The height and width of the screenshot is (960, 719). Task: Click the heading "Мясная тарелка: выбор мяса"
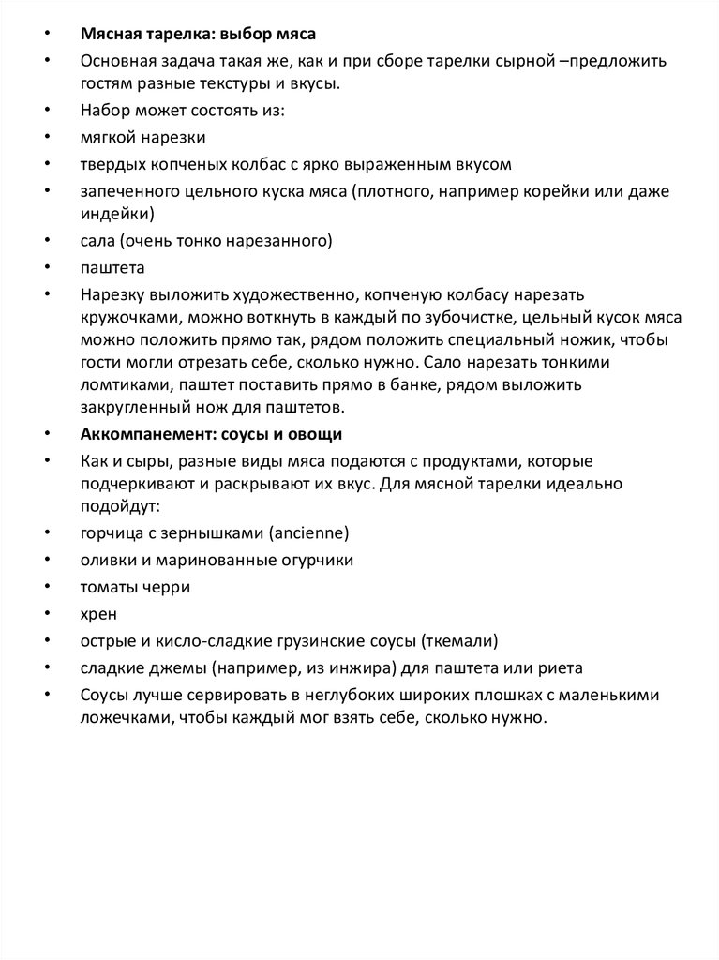[x=198, y=35]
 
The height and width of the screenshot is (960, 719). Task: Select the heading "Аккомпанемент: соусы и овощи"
[x=211, y=434]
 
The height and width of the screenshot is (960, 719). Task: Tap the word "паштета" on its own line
[x=111, y=267]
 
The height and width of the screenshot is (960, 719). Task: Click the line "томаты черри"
[x=135, y=587]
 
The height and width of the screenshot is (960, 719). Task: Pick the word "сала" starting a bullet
[x=97, y=241]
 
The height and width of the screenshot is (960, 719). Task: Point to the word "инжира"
[x=363, y=667]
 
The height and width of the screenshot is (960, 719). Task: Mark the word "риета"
[x=562, y=667]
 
